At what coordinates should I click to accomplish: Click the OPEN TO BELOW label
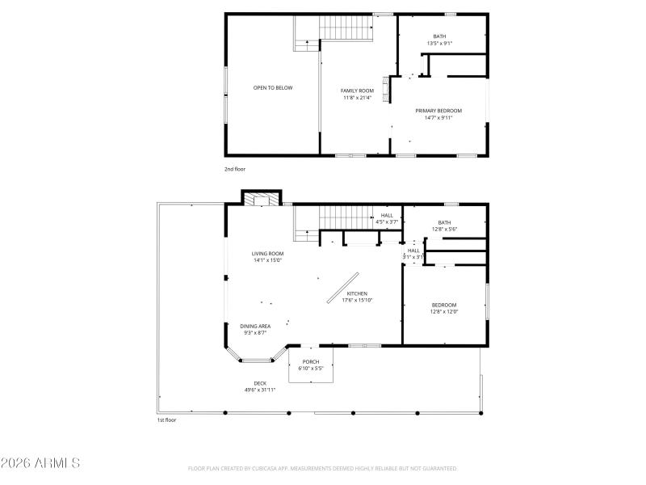(x=273, y=87)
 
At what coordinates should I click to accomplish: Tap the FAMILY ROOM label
(x=357, y=91)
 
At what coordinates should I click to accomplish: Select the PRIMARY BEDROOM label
(x=438, y=111)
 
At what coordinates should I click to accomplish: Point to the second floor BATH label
(x=439, y=36)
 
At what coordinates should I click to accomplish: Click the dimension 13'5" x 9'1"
(x=439, y=43)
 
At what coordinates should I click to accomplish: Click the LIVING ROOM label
(x=267, y=253)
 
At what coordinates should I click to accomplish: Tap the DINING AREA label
(x=255, y=326)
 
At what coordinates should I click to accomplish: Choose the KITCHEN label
(x=357, y=293)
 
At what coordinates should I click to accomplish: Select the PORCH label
(x=311, y=361)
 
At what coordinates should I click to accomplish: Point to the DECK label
(x=260, y=383)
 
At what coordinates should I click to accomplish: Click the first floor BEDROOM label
(x=444, y=305)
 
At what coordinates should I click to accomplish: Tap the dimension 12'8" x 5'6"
(x=444, y=230)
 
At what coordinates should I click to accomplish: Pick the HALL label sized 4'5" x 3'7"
(x=387, y=215)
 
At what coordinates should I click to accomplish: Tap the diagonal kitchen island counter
(x=343, y=287)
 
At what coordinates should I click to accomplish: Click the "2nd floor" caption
(x=235, y=169)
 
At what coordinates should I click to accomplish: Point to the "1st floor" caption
(x=166, y=420)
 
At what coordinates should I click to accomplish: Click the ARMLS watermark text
(x=40, y=464)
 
